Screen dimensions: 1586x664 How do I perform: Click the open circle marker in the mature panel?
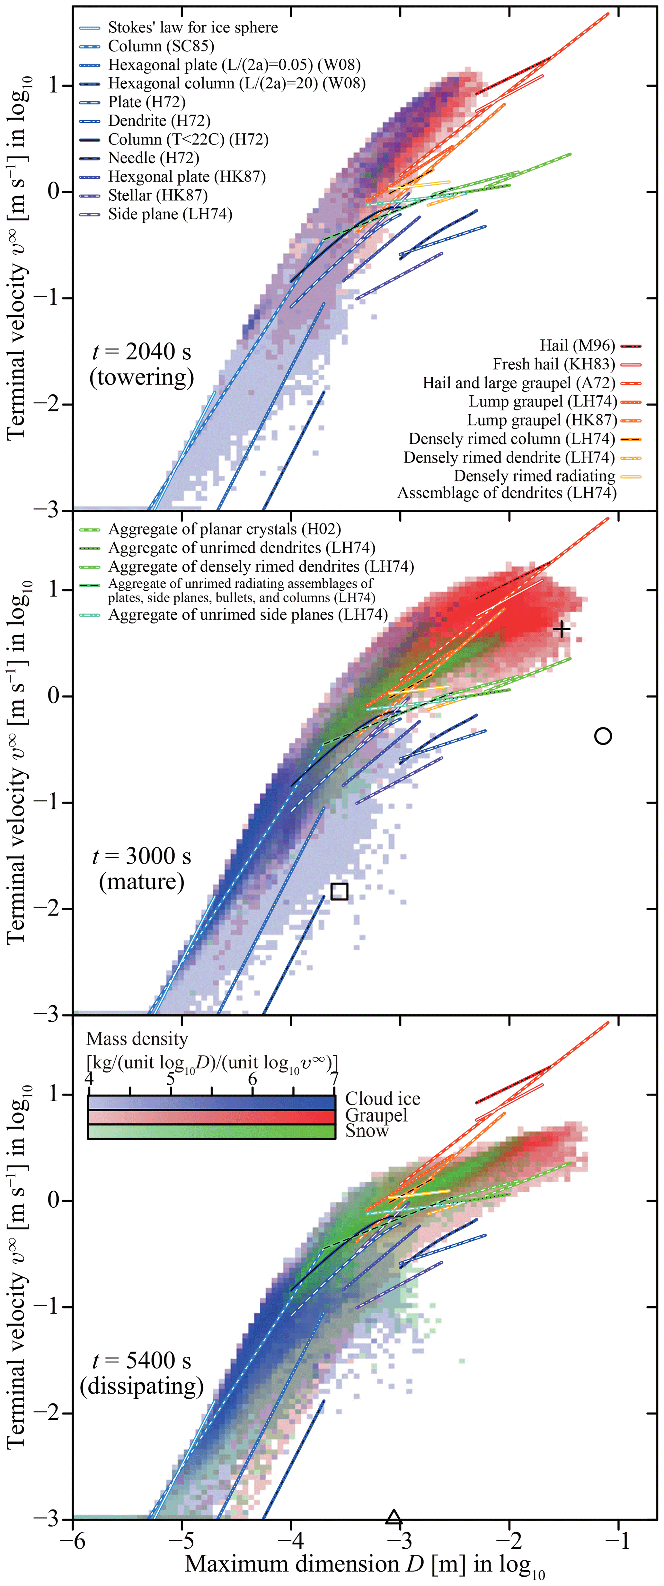[603, 736]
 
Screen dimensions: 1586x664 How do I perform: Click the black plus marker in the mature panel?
[561, 629]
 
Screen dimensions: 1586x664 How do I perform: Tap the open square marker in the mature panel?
[340, 891]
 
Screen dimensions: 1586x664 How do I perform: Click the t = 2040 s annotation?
[142, 352]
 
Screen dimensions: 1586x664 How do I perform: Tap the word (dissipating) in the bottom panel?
[142, 1386]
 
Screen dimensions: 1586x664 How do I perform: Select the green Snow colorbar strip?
[211, 1132]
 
